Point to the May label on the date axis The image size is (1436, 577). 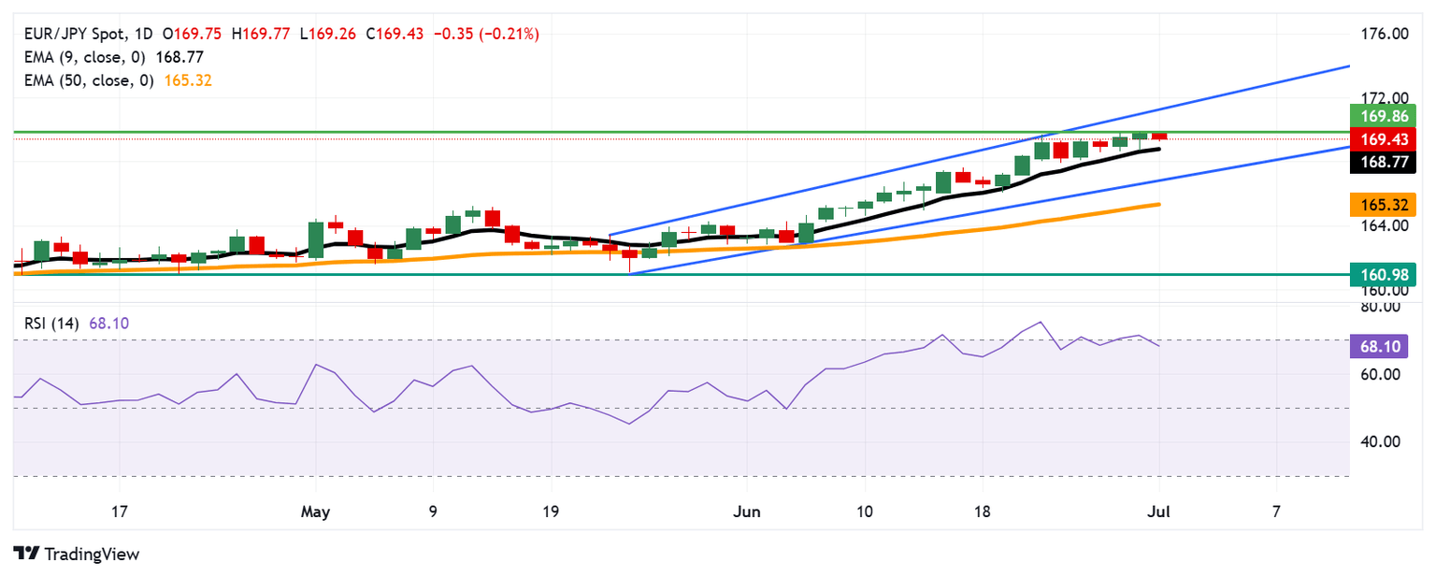315,512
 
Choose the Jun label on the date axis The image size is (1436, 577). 747,512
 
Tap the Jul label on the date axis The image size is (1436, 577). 1159,512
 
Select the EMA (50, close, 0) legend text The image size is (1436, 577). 86,80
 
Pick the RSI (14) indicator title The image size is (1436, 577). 51,324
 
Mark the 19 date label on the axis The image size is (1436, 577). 550,512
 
